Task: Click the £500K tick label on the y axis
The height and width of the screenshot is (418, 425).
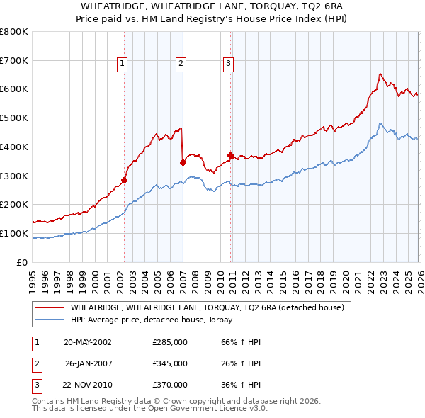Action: (14, 118)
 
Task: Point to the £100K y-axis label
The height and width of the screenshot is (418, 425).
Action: (14, 233)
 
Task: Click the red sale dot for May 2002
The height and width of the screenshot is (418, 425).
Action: (124, 180)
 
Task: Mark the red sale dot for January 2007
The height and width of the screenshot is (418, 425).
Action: (183, 162)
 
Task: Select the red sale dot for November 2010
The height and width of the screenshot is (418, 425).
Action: (230, 155)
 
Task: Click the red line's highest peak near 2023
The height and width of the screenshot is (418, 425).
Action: (380, 74)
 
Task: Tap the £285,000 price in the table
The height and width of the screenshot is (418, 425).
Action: (170, 341)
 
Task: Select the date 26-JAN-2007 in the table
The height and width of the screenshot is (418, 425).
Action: (88, 363)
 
